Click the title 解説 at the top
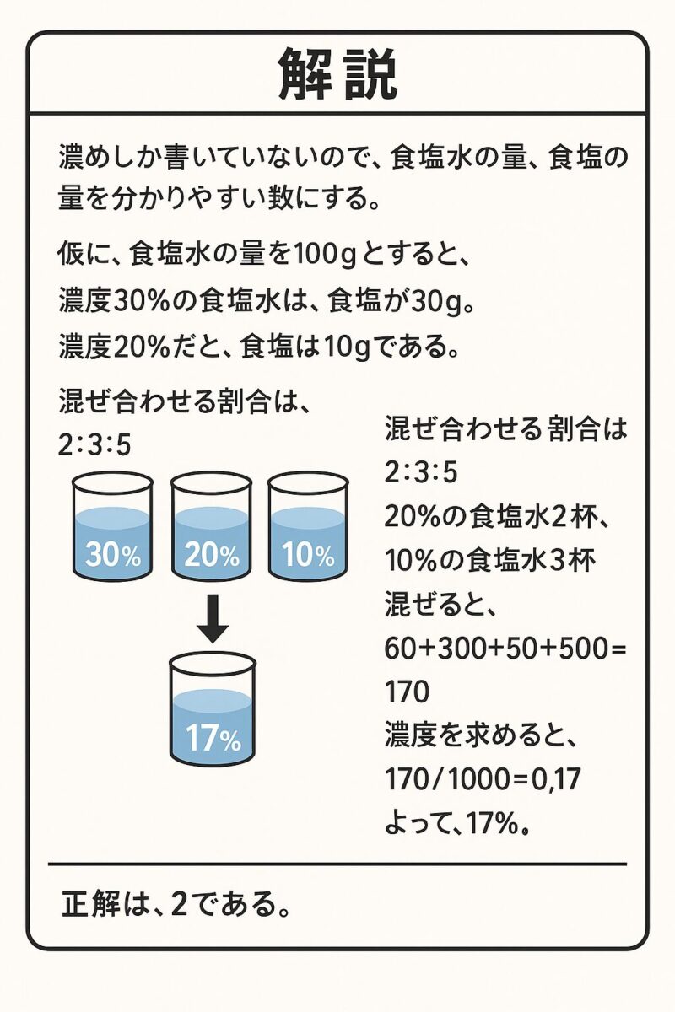coord(337,74)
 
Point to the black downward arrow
coord(212,618)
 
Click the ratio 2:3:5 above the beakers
coord(94,445)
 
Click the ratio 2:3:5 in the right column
coord(421,472)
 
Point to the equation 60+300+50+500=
coord(505,649)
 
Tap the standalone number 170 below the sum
coord(407,692)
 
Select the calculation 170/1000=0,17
coord(482,780)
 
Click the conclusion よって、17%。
coord(456,824)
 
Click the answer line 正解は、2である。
coord(175,904)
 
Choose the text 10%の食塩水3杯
coord(489,561)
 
